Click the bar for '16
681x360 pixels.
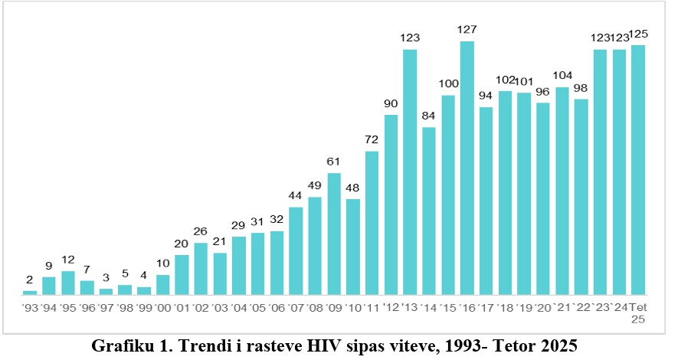point(467,169)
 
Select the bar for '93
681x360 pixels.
point(30,293)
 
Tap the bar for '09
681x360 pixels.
point(334,234)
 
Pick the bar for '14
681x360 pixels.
point(429,211)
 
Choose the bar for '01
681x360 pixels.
point(182,274)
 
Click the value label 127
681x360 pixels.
point(467,30)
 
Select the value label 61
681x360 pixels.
point(334,162)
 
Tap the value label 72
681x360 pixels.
point(372,140)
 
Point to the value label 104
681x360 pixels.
point(562,76)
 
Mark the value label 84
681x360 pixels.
point(429,116)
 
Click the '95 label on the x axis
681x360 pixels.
point(67,307)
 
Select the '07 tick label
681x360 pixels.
point(296,307)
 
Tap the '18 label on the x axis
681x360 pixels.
point(505,307)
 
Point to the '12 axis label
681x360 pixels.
point(391,307)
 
